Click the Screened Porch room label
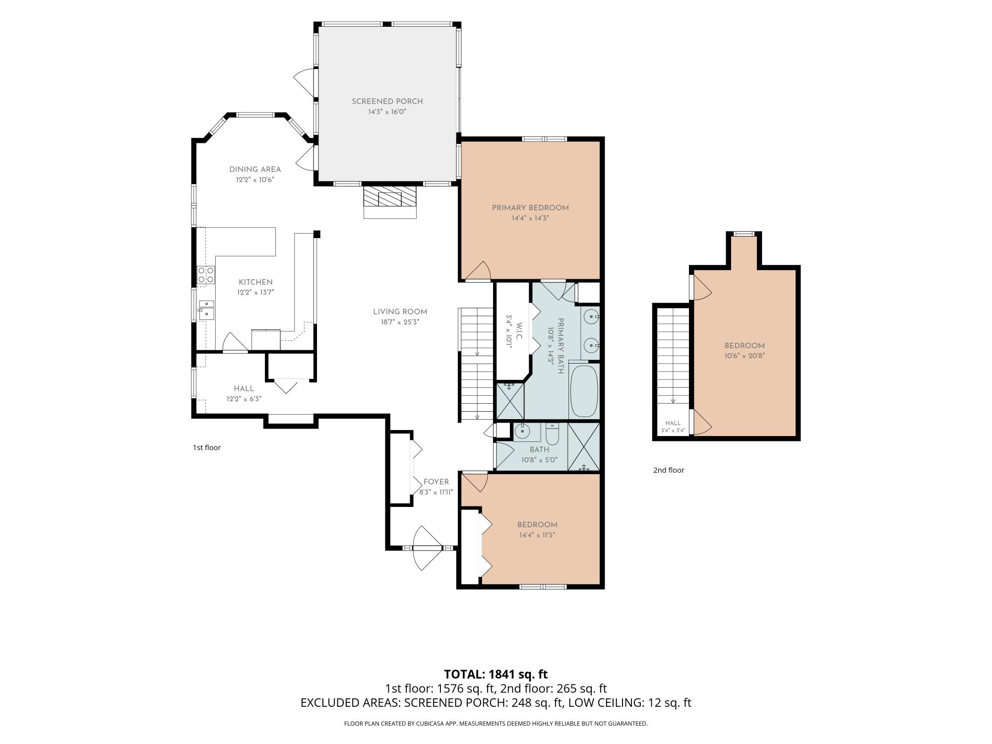pyautogui.click(x=387, y=101)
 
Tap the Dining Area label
pyautogui.click(x=255, y=169)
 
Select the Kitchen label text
pyautogui.click(x=255, y=282)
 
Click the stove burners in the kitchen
pyautogui.click(x=206, y=275)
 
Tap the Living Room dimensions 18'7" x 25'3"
pyautogui.click(x=400, y=322)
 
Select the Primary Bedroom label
pyautogui.click(x=530, y=208)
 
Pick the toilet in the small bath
pyautogui.click(x=552, y=434)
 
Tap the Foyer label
pyautogui.click(x=436, y=482)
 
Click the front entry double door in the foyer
pyautogui.click(x=427, y=548)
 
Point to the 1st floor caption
pyautogui.click(x=207, y=447)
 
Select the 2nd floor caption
pyautogui.click(x=669, y=470)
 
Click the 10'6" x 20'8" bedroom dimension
pyautogui.click(x=744, y=356)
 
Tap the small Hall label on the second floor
pyautogui.click(x=673, y=423)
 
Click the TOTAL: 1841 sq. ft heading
pyautogui.click(x=496, y=675)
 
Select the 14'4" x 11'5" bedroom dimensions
pyautogui.click(x=537, y=535)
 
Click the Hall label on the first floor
pyautogui.click(x=244, y=389)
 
